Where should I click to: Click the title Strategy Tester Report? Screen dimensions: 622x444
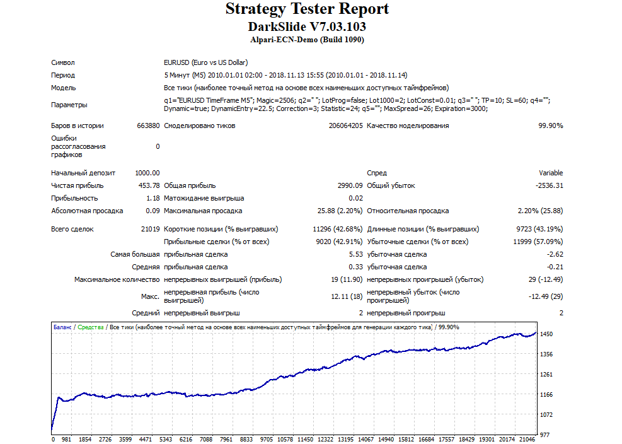308,9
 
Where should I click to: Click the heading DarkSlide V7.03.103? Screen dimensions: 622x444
307,26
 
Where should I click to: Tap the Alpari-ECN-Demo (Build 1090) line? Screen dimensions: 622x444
307,40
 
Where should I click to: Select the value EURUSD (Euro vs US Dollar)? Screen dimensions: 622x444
206,62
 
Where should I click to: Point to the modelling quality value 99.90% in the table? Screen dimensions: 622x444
550,126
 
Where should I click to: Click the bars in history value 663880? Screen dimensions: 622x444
148,126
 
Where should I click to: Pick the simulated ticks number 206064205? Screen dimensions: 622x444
345,126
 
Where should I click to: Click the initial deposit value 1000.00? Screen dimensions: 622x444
147,173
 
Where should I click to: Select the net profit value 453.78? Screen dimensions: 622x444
149,185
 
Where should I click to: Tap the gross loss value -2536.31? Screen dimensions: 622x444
549,185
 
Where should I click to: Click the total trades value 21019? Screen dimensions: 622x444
150,229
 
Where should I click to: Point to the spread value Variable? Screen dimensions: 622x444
551,173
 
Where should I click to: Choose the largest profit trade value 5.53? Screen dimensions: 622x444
356,254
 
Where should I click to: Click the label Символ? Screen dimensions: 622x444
62,62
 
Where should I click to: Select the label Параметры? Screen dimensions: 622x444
69,105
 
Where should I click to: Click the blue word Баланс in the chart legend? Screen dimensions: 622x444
62,327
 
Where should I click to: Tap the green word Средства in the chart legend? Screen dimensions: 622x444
91,327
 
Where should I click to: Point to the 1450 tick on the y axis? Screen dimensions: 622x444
546,334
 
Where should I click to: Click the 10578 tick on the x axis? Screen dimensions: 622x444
285,439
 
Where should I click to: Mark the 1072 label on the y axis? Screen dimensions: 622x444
546,414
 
